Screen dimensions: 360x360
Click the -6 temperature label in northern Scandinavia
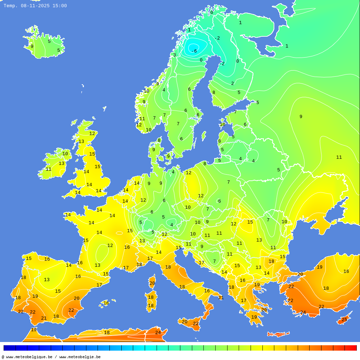click(194, 51)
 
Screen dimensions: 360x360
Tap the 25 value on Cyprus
click(344, 320)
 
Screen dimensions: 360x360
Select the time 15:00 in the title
click(60, 6)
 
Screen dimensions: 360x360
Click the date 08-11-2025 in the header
click(35, 6)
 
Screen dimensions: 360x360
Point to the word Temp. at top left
click(10, 6)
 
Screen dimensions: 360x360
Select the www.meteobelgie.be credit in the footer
click(80, 357)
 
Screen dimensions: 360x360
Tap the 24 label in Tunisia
click(158, 333)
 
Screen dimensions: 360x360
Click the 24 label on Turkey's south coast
click(303, 312)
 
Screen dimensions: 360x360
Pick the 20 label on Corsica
click(152, 283)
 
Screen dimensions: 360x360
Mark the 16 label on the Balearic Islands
click(106, 303)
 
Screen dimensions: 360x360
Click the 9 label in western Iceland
click(32, 46)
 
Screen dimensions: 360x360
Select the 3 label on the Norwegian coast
click(175, 55)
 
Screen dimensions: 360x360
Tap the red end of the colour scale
click(351, 348)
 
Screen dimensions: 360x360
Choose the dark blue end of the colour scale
click(9, 348)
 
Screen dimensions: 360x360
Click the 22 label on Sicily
click(195, 324)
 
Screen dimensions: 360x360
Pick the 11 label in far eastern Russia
click(339, 157)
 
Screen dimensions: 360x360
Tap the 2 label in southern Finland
click(232, 84)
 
